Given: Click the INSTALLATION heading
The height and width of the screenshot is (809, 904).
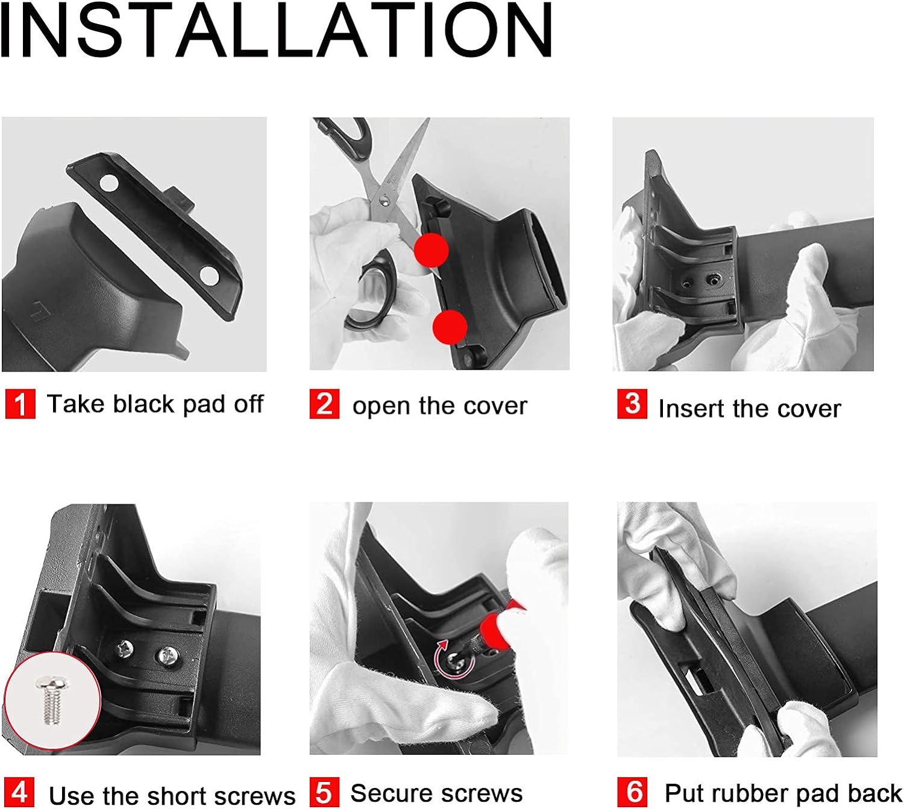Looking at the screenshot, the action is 277,30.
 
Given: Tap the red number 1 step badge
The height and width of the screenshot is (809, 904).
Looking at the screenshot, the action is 20,404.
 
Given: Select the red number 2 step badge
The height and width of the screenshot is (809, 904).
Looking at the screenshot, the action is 324,404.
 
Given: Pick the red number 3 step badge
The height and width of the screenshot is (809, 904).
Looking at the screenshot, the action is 632,404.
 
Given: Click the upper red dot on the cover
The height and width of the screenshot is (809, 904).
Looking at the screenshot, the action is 431,250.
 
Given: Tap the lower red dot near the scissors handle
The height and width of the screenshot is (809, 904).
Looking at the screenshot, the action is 450,327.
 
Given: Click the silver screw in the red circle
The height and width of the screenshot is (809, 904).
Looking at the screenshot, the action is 52,699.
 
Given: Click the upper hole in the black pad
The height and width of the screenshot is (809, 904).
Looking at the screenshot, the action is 109,183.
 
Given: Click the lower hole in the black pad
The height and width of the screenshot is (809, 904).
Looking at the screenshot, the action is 209,275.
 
